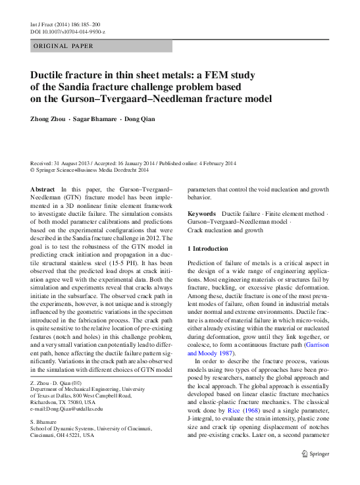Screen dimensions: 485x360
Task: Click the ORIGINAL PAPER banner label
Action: (63, 46)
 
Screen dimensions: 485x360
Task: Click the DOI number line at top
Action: (68, 32)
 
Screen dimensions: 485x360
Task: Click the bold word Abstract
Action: (43, 188)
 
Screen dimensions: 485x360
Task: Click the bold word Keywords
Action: (201, 215)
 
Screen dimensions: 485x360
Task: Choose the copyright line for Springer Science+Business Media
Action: (90, 169)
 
